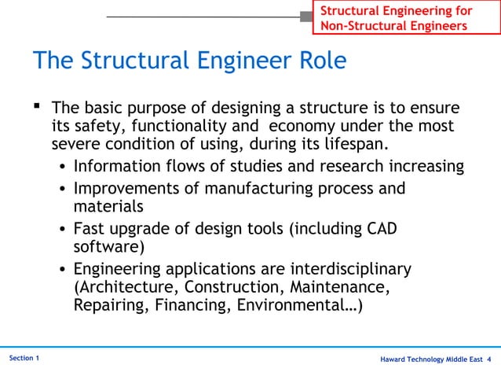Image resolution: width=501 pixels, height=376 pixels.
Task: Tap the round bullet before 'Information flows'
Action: click(63, 168)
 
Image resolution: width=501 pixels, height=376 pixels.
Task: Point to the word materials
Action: click(108, 208)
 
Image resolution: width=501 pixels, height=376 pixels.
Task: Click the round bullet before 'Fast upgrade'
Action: click(63, 230)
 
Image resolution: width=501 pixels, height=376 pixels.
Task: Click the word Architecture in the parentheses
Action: click(120, 289)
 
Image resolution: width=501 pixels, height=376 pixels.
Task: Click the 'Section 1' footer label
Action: click(24, 358)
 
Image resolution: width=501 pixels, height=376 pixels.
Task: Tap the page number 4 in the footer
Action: click(489, 359)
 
